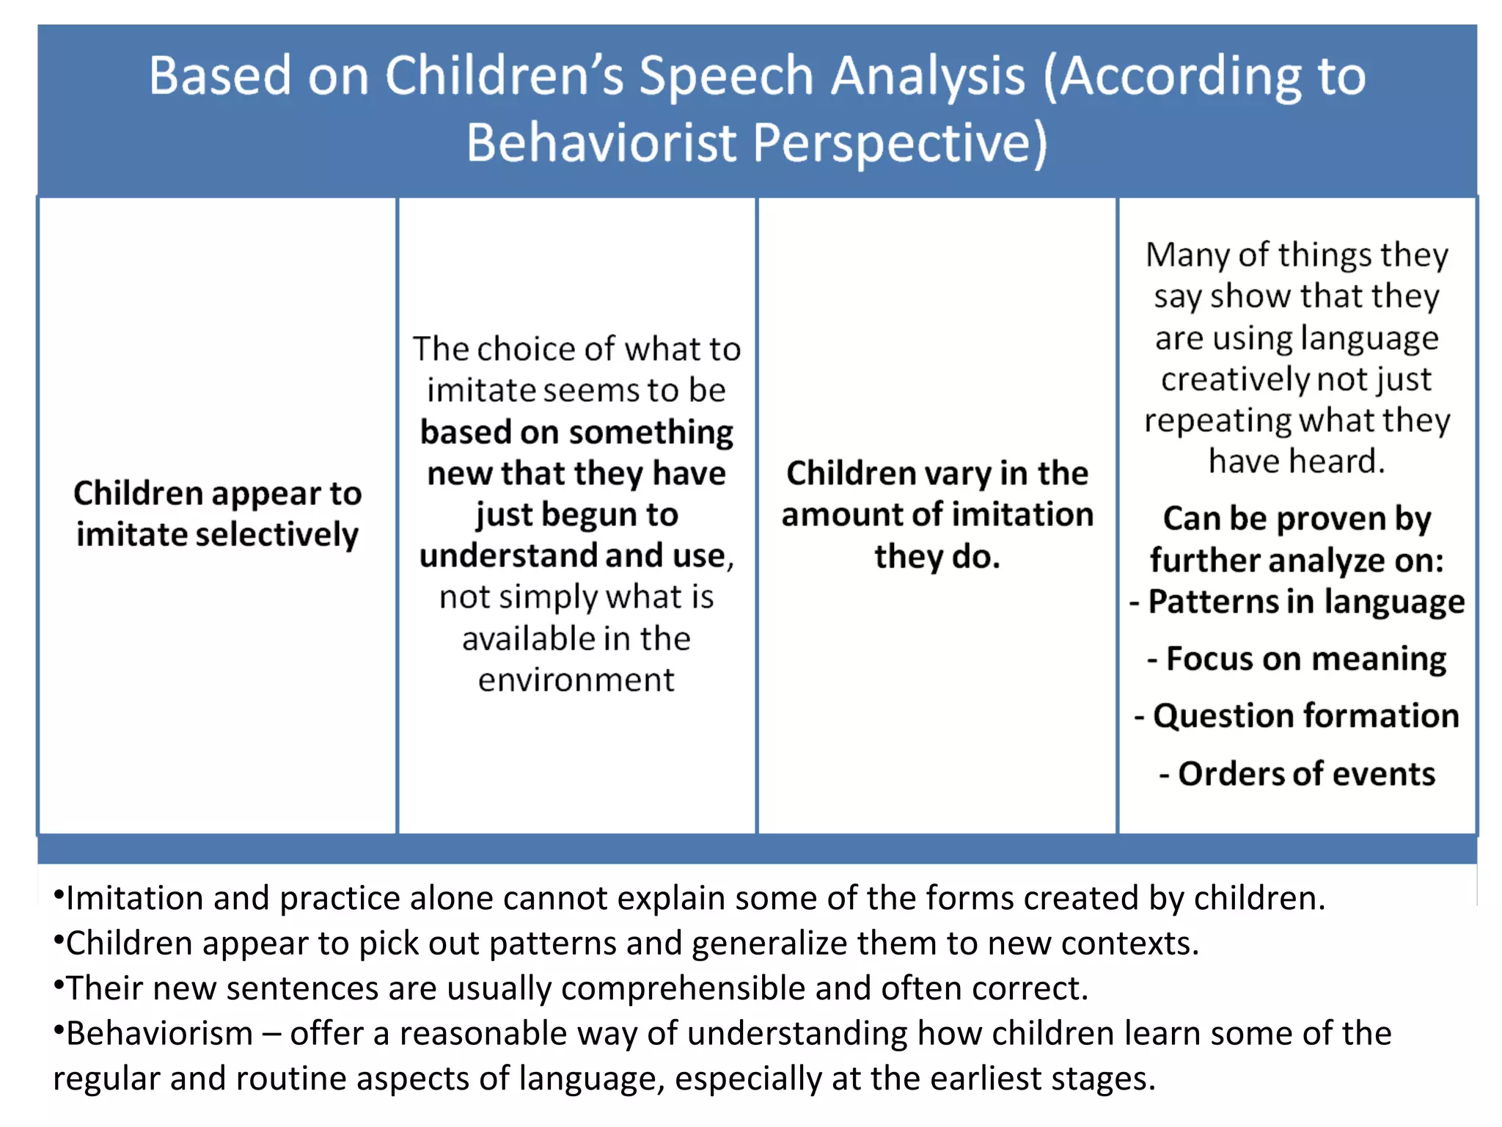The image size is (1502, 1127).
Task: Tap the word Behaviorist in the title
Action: [x=600, y=142]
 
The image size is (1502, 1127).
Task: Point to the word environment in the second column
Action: [x=576, y=680]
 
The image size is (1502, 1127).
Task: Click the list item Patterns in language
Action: [x=1305, y=602]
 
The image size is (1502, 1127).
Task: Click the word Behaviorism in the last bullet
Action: [x=159, y=1034]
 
